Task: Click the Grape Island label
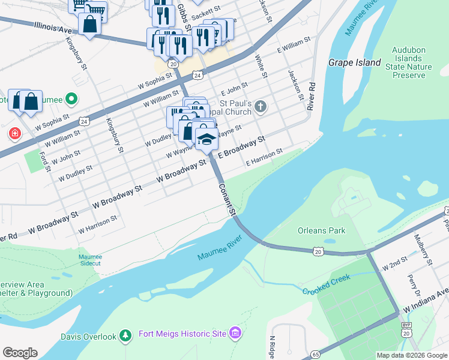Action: point(354,62)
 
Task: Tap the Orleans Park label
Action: point(322,230)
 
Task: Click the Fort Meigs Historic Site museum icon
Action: point(235,333)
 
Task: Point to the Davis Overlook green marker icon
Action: point(125,336)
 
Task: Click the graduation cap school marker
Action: point(206,140)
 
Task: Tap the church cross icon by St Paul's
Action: point(259,107)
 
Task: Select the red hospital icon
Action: point(14,133)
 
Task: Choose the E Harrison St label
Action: point(264,158)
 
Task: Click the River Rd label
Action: point(311,95)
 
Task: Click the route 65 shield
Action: point(316,355)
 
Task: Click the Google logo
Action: point(20,353)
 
